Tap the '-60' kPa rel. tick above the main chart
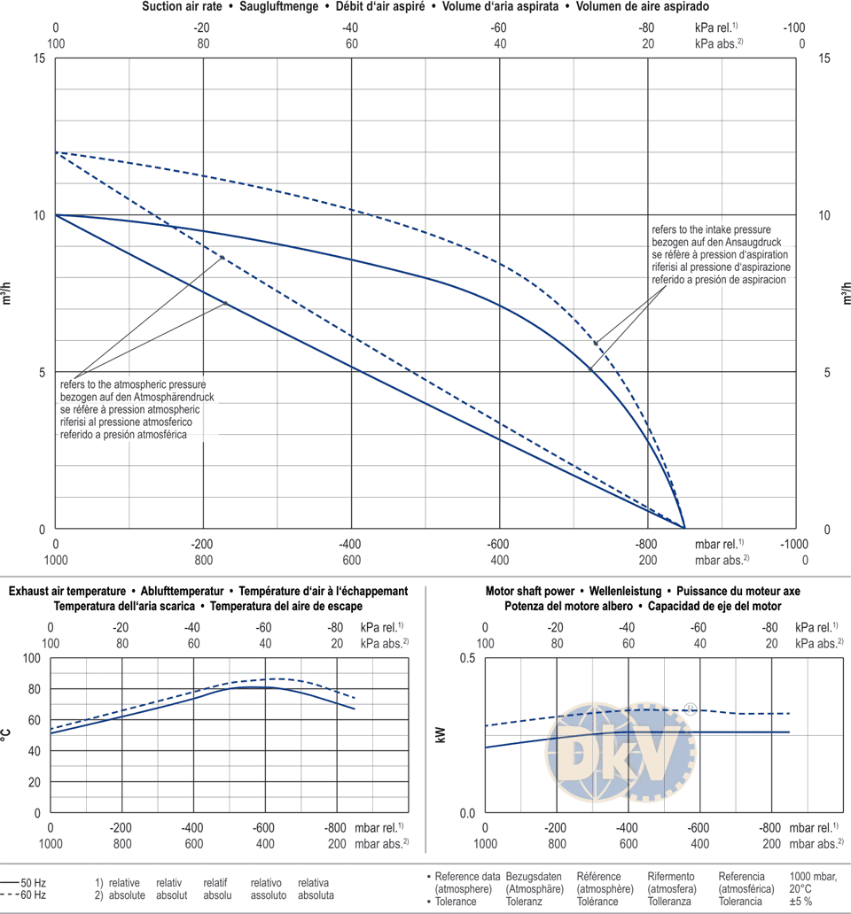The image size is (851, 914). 500,27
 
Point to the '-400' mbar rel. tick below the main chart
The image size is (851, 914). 351,544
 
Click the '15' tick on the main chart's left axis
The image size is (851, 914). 37,58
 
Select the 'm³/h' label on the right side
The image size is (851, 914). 846,293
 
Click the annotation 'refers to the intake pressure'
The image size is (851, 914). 711,229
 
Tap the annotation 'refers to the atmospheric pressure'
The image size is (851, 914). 133,385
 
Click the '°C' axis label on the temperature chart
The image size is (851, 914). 7,734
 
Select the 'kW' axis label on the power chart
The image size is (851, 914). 441,734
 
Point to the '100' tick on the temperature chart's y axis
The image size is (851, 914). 31,659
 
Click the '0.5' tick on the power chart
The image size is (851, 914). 467,659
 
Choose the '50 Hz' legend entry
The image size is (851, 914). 34,883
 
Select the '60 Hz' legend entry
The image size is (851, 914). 34,895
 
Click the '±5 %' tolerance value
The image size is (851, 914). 801,902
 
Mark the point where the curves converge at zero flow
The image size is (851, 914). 684,529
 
